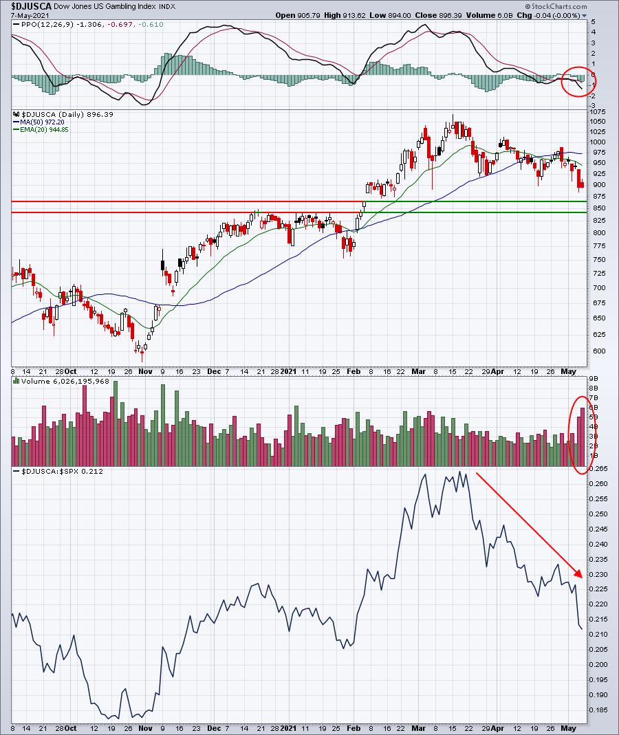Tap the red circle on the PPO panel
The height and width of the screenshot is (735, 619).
pyautogui.click(x=579, y=82)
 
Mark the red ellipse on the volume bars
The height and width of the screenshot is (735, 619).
pyautogui.click(x=581, y=435)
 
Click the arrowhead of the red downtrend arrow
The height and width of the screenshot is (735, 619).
pyautogui.click(x=579, y=574)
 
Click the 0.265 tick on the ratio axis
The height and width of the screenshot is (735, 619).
pyautogui.click(x=599, y=469)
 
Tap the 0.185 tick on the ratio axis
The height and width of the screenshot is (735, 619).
pyautogui.click(x=599, y=710)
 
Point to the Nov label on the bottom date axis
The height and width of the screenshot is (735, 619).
pyautogui.click(x=145, y=727)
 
